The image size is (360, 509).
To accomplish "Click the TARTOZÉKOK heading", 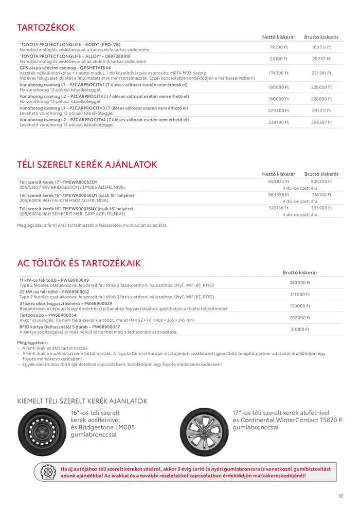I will (46, 27).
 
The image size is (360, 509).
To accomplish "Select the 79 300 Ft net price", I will (279, 47).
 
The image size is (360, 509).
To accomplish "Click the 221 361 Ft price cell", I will (321, 73).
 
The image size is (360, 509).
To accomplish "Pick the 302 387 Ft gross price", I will (321, 122).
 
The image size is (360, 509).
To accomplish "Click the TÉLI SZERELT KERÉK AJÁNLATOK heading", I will (87, 165).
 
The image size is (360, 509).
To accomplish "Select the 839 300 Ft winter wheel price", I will (321, 181).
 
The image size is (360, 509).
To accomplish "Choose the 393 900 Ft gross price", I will (321, 208).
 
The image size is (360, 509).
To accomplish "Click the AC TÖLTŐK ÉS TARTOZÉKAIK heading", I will (79, 263).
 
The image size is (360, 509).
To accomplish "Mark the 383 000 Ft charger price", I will (300, 283).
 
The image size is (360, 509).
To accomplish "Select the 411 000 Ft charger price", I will (300, 295).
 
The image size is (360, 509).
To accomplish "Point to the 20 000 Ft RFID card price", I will (300, 330).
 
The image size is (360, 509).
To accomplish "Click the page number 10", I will (340, 496).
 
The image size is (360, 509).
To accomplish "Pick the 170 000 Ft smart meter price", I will (300, 306).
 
